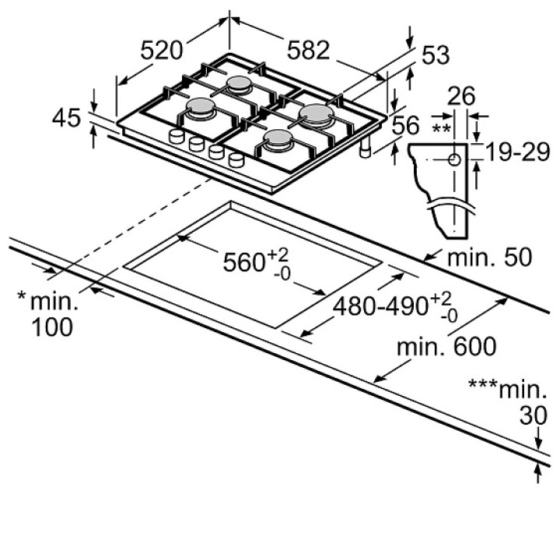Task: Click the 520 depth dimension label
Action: tap(162, 50)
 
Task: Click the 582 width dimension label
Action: tap(308, 50)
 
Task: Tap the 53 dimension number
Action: tap(436, 55)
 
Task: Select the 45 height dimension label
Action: tap(66, 118)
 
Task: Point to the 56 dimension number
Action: tap(405, 125)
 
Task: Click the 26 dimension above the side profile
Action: tap(461, 96)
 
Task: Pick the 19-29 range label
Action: tap(517, 152)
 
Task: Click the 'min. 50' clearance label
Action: tap(490, 257)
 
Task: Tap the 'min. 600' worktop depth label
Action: tap(446, 346)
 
